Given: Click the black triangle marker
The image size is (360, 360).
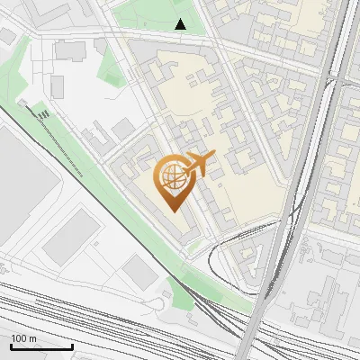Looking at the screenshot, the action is tap(180, 25).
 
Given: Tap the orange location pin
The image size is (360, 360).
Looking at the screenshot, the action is tap(175, 183).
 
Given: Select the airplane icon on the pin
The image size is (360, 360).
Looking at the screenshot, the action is tap(200, 164).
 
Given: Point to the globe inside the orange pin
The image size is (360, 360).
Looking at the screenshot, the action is tap(174, 175).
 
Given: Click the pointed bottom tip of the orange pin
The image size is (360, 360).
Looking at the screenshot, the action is tap(175, 210).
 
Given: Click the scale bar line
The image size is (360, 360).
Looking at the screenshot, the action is tap(41, 346).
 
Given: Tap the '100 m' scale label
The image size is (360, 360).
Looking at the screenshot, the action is tap(24, 338).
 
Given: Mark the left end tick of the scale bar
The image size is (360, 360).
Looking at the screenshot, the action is tap(11, 345).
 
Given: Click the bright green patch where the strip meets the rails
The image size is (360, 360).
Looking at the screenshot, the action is tap(180, 290).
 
